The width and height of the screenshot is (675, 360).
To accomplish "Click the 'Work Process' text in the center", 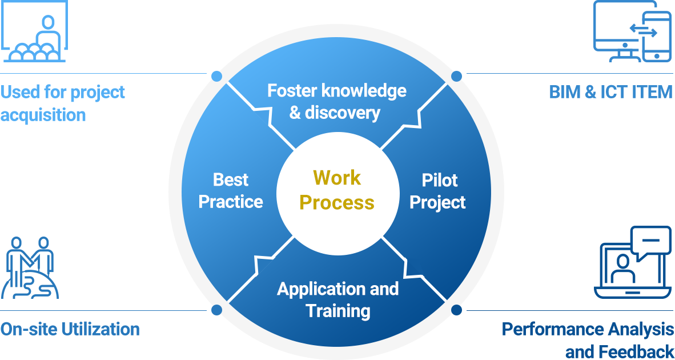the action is click(336, 190).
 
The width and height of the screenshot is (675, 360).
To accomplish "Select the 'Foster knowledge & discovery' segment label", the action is click(336, 102).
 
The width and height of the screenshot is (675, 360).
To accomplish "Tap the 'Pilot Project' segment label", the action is click(437, 191).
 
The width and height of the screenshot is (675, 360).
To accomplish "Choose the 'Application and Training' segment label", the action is click(338, 299).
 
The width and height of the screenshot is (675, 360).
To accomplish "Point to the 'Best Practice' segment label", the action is click(231, 191).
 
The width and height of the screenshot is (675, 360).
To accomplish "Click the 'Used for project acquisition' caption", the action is click(63, 103).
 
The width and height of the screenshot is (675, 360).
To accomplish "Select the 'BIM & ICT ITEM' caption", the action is click(610, 92).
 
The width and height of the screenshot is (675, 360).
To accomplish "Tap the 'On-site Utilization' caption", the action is click(70, 329).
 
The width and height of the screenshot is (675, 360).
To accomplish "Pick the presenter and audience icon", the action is click(34, 31).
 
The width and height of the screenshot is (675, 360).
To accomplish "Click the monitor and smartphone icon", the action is click(632, 31).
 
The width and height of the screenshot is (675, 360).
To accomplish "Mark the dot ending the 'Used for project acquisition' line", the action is click(216, 76).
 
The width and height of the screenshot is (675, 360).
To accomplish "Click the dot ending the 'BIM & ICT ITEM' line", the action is click(456, 76).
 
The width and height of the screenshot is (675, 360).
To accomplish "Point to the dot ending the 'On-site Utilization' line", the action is click(216, 310).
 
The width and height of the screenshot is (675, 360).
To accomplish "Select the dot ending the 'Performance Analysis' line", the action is click(456, 310).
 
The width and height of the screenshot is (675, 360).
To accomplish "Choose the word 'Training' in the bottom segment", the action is click(338, 310).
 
